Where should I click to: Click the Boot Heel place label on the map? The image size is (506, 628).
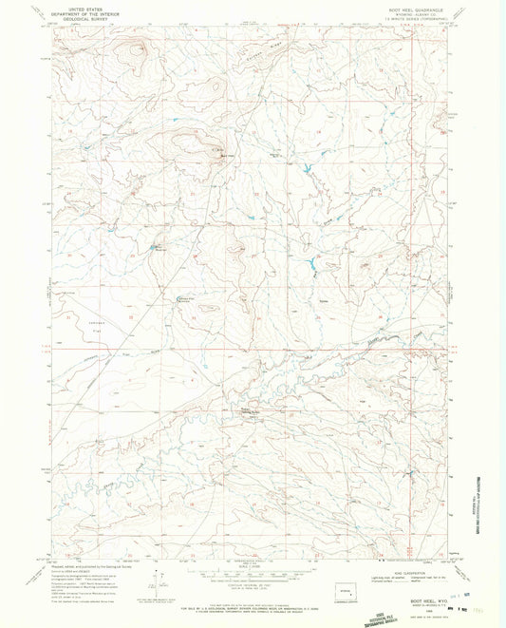coord(219,157)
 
